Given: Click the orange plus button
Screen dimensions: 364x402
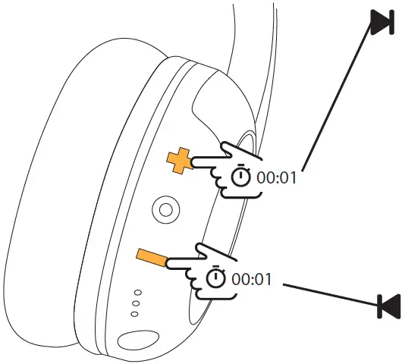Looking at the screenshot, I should pos(178,161).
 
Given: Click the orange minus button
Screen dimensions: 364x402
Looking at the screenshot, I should pos(151,259).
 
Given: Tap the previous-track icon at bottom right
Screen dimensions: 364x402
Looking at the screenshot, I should pos(388,307).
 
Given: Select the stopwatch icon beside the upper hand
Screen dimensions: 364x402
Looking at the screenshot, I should pos(240,176).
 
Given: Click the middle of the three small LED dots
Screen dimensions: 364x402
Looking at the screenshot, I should pos(134,302).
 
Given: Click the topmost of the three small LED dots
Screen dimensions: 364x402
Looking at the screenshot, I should pos(138,292).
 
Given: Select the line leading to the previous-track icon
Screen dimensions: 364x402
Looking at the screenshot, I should pos(330,294).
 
